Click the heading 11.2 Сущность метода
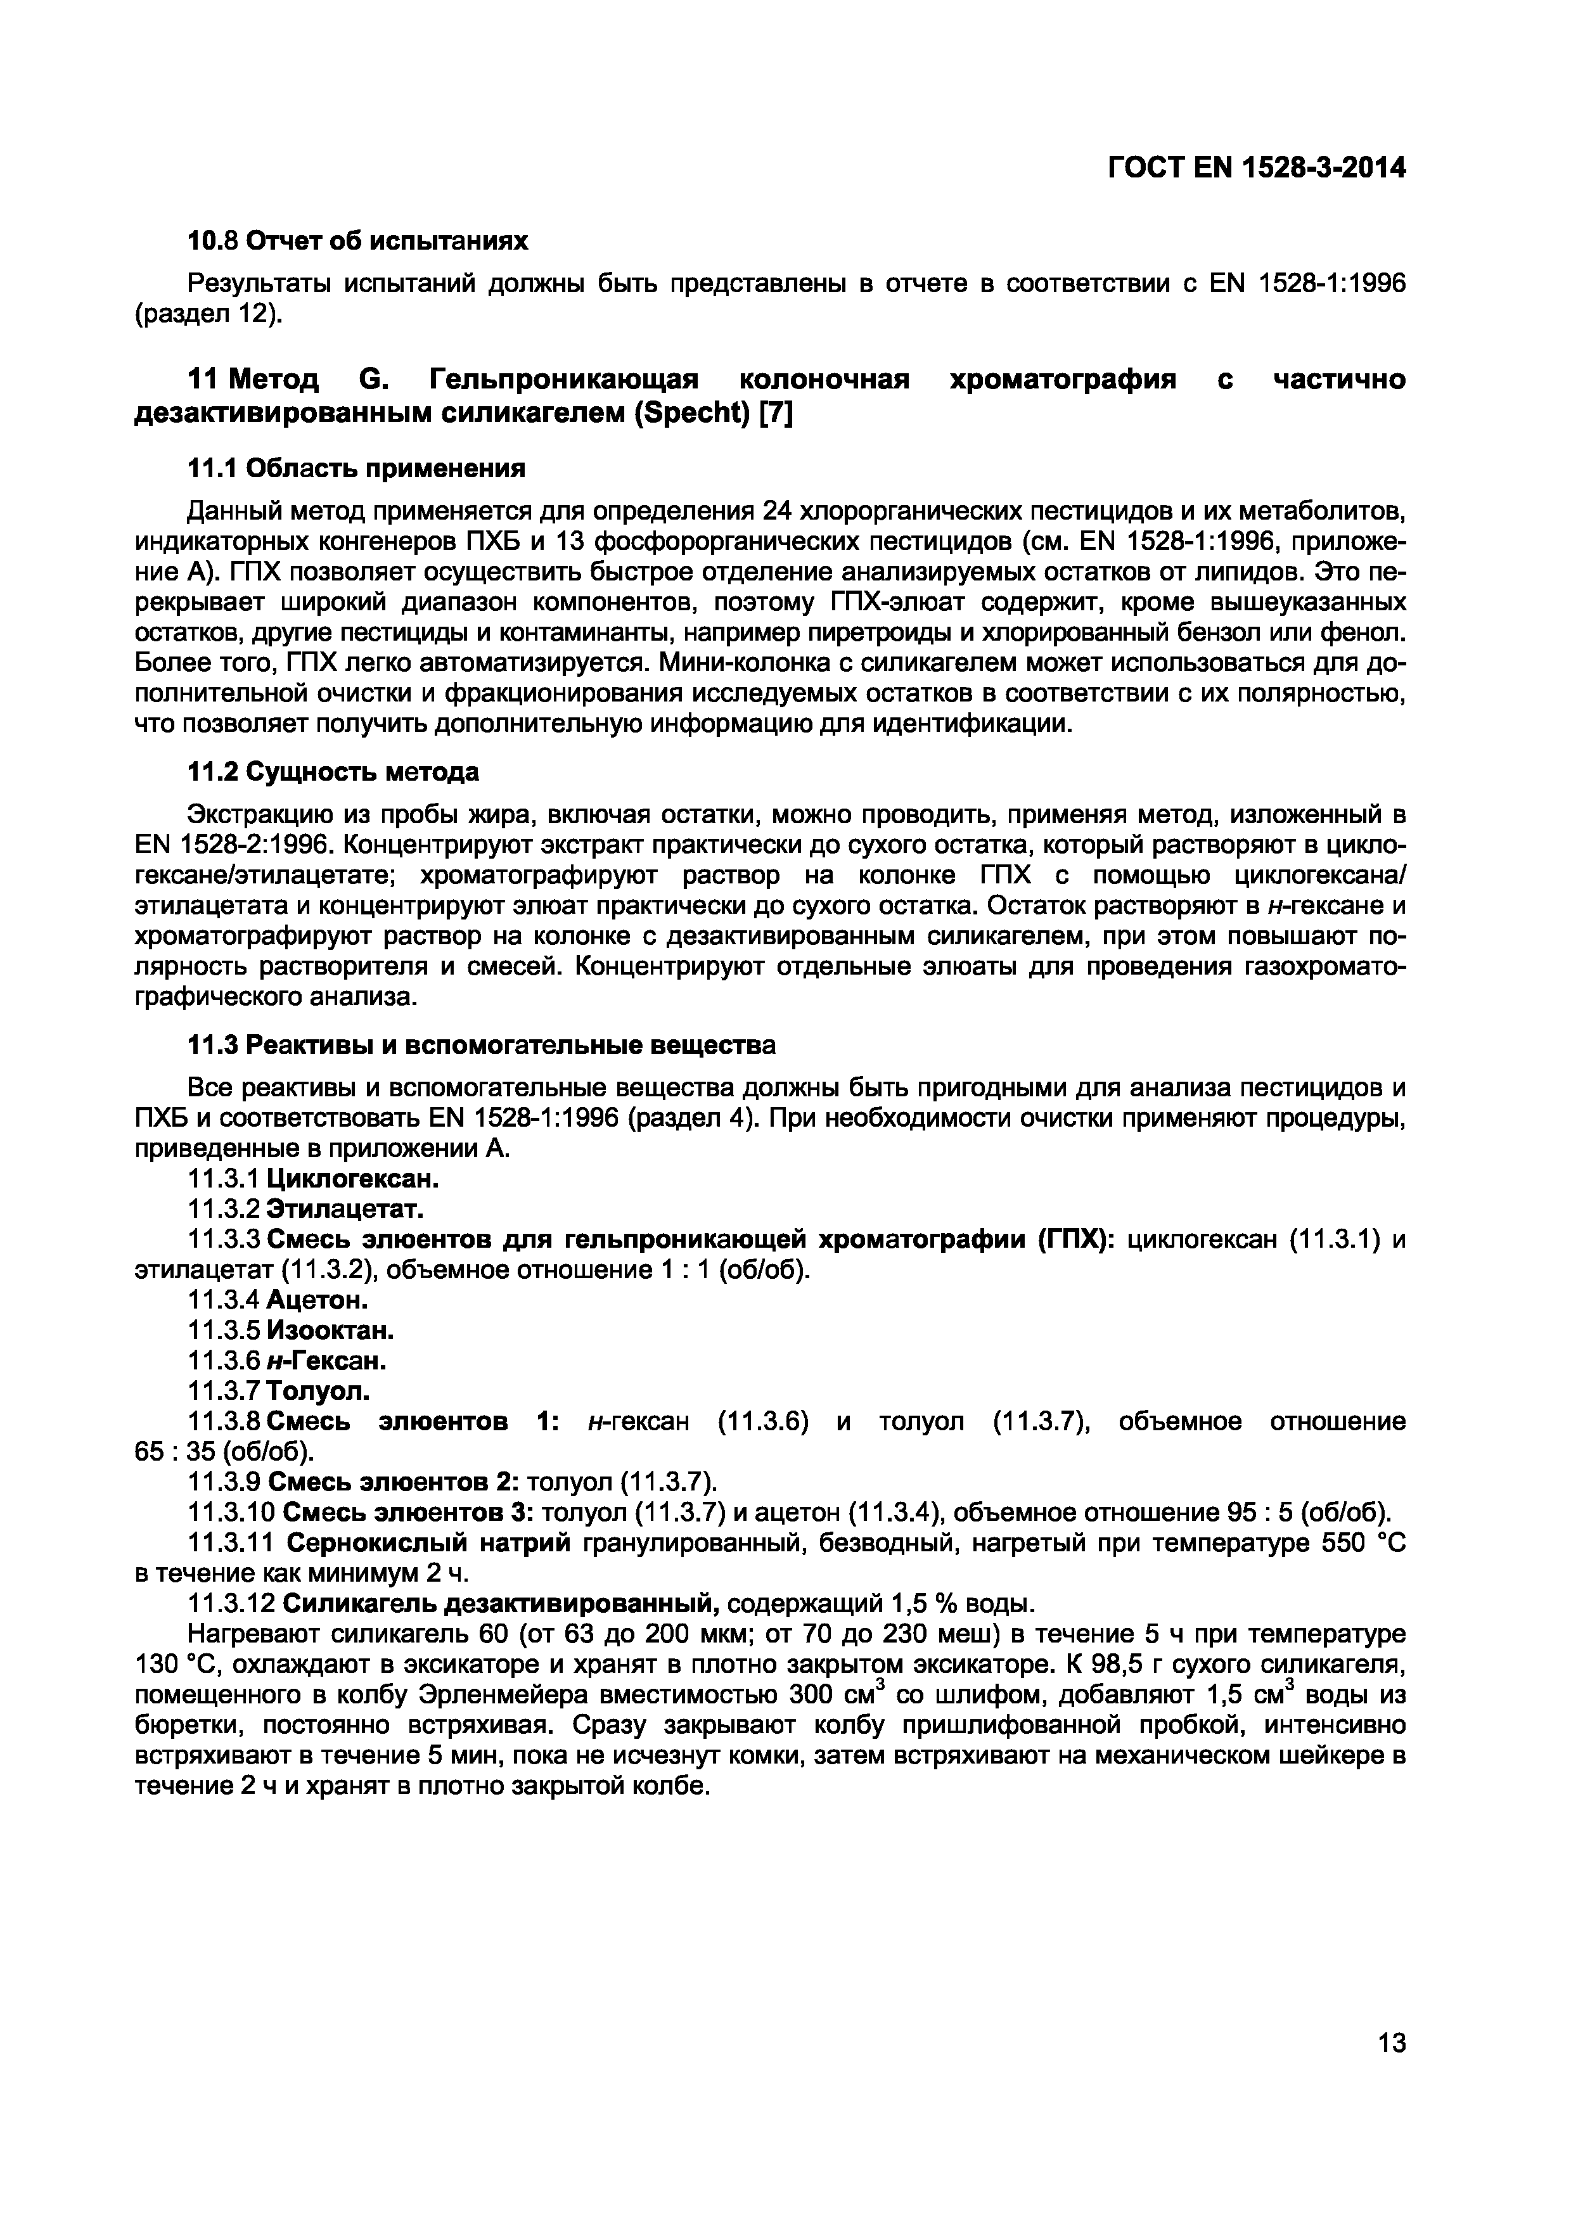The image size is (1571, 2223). pos(332,772)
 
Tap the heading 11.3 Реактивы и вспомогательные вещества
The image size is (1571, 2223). pos(480,1046)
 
